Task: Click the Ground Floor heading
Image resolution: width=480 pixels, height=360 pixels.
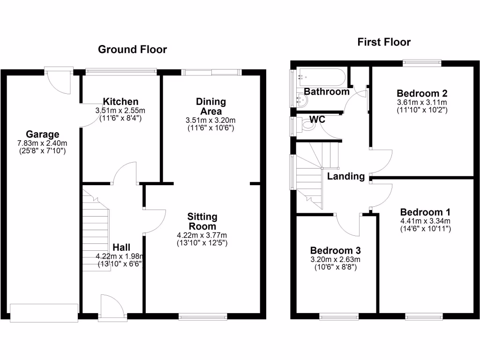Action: pos(132,49)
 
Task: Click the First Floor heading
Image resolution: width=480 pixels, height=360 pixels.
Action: pos(383,42)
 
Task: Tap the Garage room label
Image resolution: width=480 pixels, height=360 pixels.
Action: pos(42,135)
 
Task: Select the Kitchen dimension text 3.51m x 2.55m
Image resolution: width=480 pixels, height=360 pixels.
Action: pos(120,111)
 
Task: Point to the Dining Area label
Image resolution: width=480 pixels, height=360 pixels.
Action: pos(210,106)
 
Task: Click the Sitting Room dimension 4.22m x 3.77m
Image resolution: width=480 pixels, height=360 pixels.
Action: pos(202,235)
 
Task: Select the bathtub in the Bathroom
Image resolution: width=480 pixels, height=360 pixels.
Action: pos(321,76)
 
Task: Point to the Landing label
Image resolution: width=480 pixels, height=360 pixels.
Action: pos(346,176)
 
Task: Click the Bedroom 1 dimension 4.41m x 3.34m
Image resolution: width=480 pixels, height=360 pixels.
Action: pos(425,221)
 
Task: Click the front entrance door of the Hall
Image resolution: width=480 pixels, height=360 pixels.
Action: pos(112,307)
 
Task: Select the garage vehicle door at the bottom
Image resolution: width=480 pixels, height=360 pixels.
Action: pos(44,313)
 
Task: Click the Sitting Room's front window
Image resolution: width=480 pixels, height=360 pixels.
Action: pos(203,316)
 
